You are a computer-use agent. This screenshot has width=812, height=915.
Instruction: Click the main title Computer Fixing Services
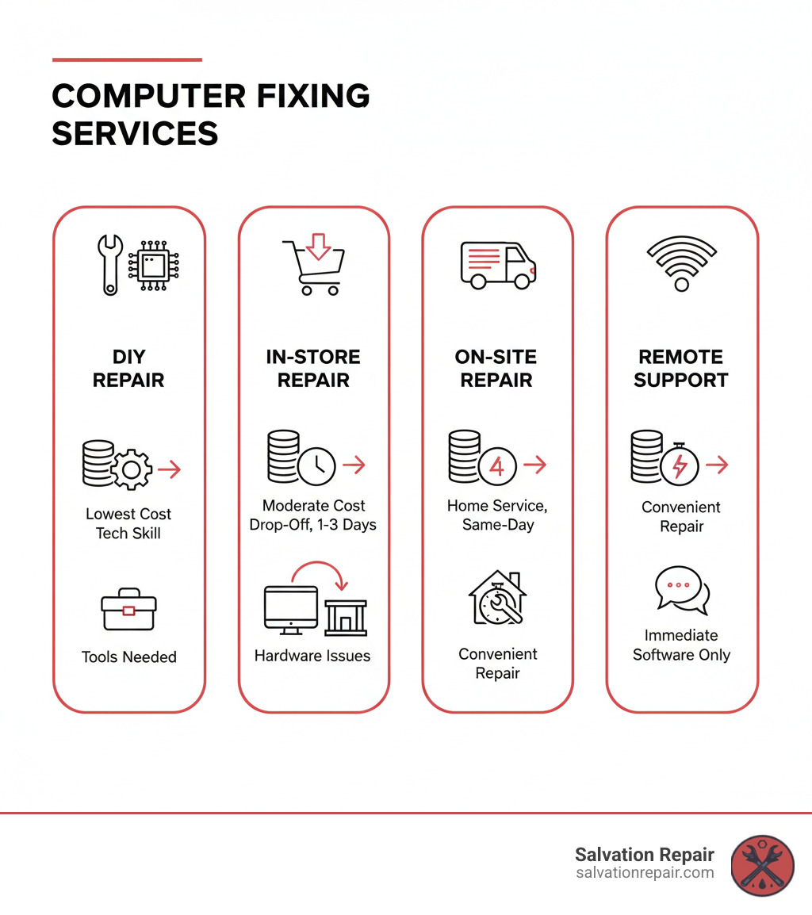(210, 114)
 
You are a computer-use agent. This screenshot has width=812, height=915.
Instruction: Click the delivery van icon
(497, 265)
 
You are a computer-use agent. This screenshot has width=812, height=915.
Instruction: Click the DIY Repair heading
(128, 368)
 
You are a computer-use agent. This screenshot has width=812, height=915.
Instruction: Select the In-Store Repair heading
(313, 368)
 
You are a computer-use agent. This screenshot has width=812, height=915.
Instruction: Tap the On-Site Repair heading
(496, 368)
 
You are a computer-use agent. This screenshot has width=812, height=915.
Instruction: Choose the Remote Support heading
(681, 368)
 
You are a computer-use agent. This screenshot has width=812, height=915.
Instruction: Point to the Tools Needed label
(128, 657)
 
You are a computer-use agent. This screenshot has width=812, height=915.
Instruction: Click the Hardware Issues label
(312, 656)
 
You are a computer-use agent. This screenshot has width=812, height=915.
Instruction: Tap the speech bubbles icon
(682, 591)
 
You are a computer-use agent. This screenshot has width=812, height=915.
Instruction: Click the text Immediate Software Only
(681, 645)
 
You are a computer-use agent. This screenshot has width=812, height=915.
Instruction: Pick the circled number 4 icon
(497, 465)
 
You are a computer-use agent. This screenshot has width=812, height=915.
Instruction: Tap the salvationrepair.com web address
(645, 873)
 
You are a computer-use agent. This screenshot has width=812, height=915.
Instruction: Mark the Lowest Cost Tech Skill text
(128, 523)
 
